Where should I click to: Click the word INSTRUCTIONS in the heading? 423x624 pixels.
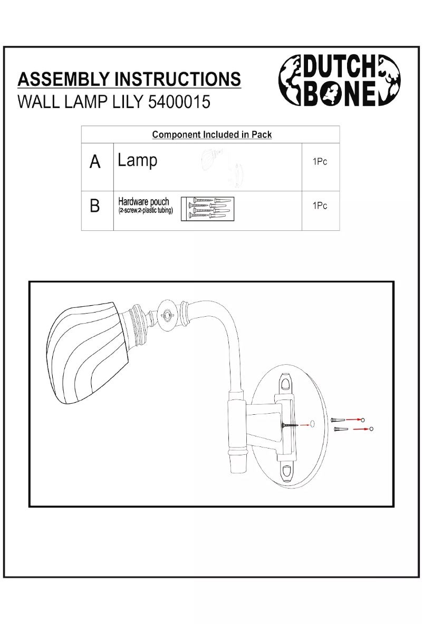(x=178, y=79)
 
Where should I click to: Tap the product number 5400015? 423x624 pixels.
(x=179, y=102)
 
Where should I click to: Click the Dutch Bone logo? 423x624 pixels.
(x=339, y=81)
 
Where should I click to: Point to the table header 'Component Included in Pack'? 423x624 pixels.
(x=212, y=134)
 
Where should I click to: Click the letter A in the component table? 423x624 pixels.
(x=95, y=162)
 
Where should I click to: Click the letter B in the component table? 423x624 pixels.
(x=95, y=206)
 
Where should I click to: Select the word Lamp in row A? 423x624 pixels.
(x=138, y=160)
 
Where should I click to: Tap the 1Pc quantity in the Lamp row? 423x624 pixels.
(x=320, y=162)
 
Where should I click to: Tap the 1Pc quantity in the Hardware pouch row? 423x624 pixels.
(x=320, y=206)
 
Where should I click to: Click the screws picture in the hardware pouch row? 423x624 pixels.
(x=207, y=209)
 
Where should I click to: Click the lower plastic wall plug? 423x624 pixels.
(x=342, y=429)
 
